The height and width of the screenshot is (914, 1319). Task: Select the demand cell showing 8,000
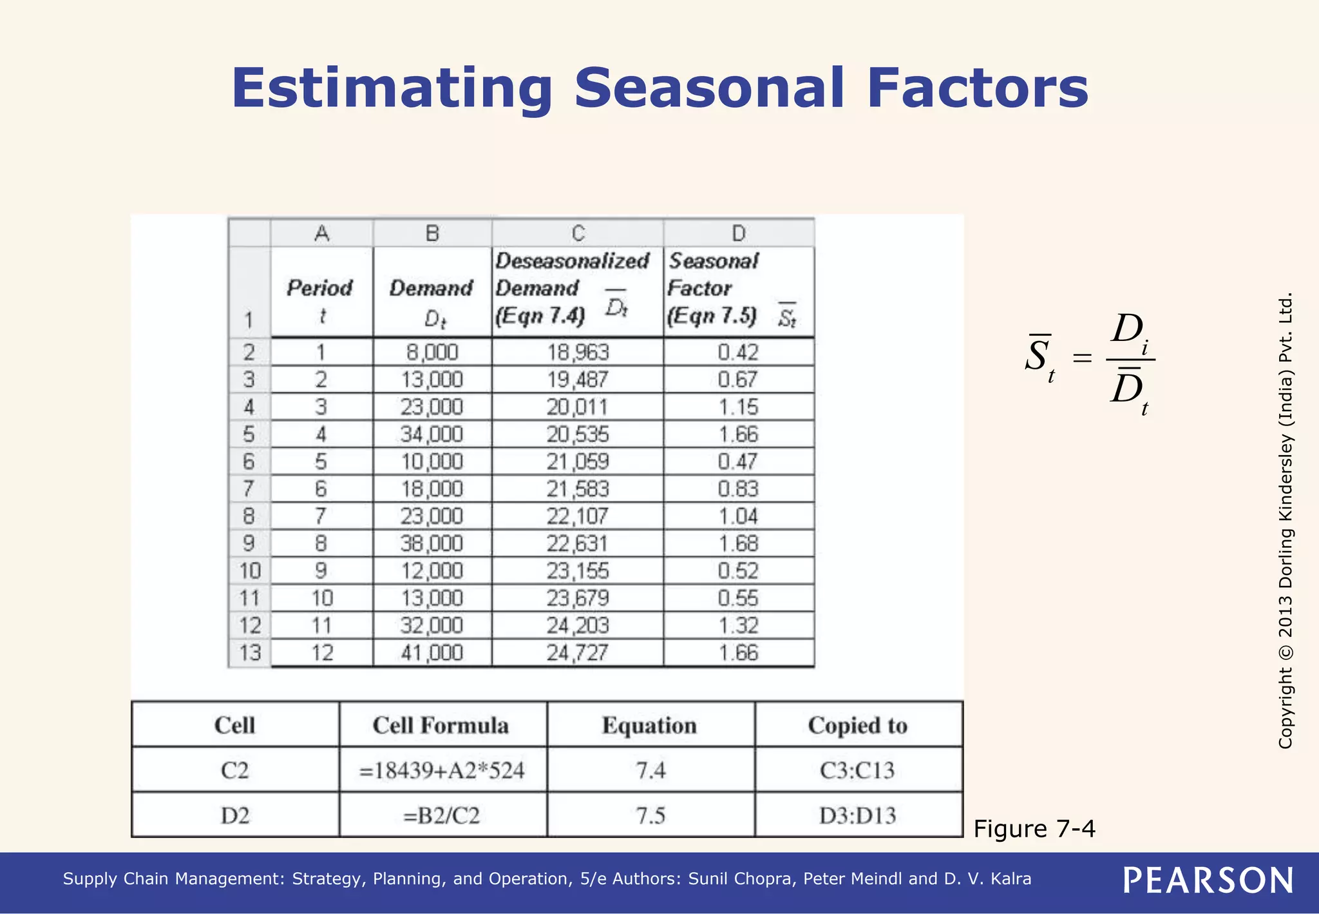tap(432, 352)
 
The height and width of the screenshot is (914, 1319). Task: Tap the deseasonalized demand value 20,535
tap(578, 434)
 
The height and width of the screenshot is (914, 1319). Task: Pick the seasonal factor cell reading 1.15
tap(739, 407)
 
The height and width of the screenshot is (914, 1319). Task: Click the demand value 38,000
tap(432, 543)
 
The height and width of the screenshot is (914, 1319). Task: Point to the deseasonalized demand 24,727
tap(578, 653)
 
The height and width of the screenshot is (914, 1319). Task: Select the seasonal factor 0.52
tap(739, 571)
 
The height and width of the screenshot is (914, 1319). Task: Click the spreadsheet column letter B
tap(432, 233)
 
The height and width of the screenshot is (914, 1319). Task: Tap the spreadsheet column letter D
tap(739, 233)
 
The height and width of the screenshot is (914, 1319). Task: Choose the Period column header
tap(320, 288)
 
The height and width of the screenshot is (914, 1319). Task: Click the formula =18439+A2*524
tap(442, 770)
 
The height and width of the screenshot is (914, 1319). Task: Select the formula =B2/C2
tap(442, 815)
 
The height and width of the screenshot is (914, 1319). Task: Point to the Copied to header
tap(858, 725)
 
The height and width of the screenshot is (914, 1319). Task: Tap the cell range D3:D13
tap(858, 815)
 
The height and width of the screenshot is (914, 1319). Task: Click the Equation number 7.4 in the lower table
tap(650, 770)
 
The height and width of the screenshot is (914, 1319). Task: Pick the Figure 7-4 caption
tap(1034, 828)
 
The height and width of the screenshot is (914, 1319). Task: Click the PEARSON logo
tap(1208, 880)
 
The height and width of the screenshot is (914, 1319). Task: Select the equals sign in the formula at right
tap(1083, 358)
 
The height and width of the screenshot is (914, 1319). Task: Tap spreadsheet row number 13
tap(250, 653)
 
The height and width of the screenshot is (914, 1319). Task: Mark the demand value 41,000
tap(432, 653)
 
